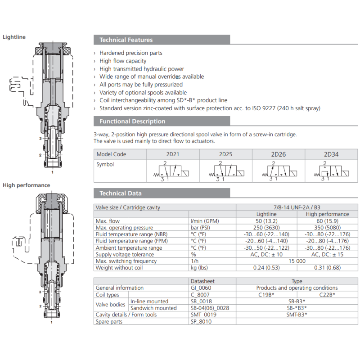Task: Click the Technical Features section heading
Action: [126, 40]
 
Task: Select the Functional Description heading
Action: [132, 121]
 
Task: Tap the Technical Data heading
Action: [121, 193]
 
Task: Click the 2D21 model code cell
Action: [173, 154]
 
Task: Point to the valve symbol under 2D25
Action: [225, 171]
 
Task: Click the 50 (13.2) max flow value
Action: [267, 221]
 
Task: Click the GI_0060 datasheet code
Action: [201, 288]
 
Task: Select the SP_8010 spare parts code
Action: [201, 322]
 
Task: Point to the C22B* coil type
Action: [327, 295]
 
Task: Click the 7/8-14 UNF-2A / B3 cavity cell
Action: [297, 207]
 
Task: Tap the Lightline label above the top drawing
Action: [14, 37]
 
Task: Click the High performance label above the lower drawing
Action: [27, 185]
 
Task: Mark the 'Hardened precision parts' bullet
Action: [131, 53]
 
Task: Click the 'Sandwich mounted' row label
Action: [153, 308]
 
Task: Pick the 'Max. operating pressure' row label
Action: [125, 228]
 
